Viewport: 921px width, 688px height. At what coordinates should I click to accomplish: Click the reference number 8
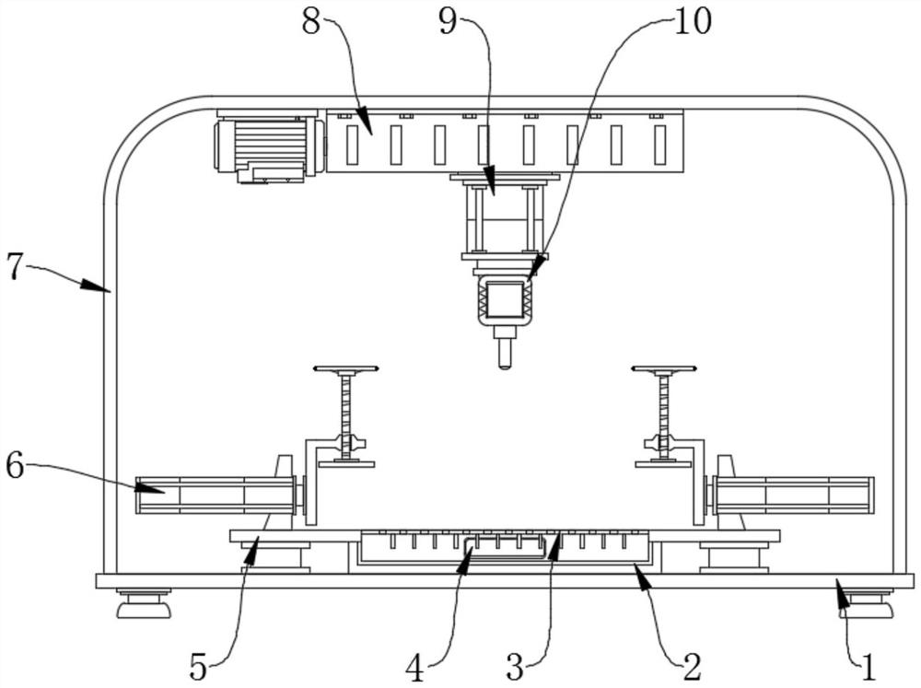pos(311,23)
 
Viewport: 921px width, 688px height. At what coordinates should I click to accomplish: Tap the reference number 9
pos(448,23)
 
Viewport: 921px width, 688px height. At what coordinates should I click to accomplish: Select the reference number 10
pos(692,21)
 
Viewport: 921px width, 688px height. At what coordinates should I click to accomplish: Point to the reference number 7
pos(16,267)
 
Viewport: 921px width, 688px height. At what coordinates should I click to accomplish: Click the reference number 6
pos(16,467)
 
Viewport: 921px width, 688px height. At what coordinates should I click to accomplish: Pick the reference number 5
pos(199,668)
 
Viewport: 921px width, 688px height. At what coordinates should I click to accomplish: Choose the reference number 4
pos(415,669)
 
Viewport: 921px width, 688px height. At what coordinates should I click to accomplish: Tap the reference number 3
pos(515,668)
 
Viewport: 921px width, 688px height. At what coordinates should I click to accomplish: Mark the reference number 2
pos(692,667)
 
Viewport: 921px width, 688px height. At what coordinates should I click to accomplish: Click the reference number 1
pos(869,668)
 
